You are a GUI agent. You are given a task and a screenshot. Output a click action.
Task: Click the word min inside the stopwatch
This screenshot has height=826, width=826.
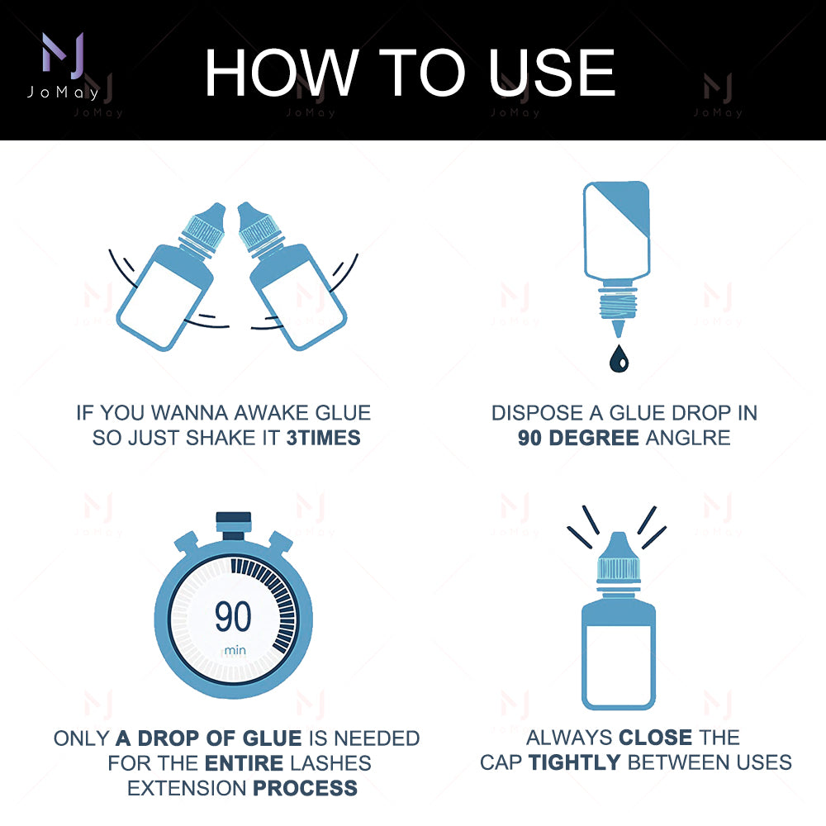click(235, 651)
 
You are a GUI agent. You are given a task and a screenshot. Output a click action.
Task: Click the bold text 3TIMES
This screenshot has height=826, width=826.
click(323, 439)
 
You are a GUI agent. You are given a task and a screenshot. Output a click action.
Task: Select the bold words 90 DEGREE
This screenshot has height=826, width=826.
click(578, 439)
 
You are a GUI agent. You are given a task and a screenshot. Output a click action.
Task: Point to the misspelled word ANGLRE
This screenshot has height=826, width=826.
click(688, 439)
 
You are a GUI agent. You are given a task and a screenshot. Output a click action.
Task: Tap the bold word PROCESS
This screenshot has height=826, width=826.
click(305, 787)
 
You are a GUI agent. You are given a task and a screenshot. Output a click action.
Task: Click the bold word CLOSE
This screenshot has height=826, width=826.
click(655, 738)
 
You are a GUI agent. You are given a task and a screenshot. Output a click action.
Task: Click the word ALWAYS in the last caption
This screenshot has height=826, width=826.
click(568, 738)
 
